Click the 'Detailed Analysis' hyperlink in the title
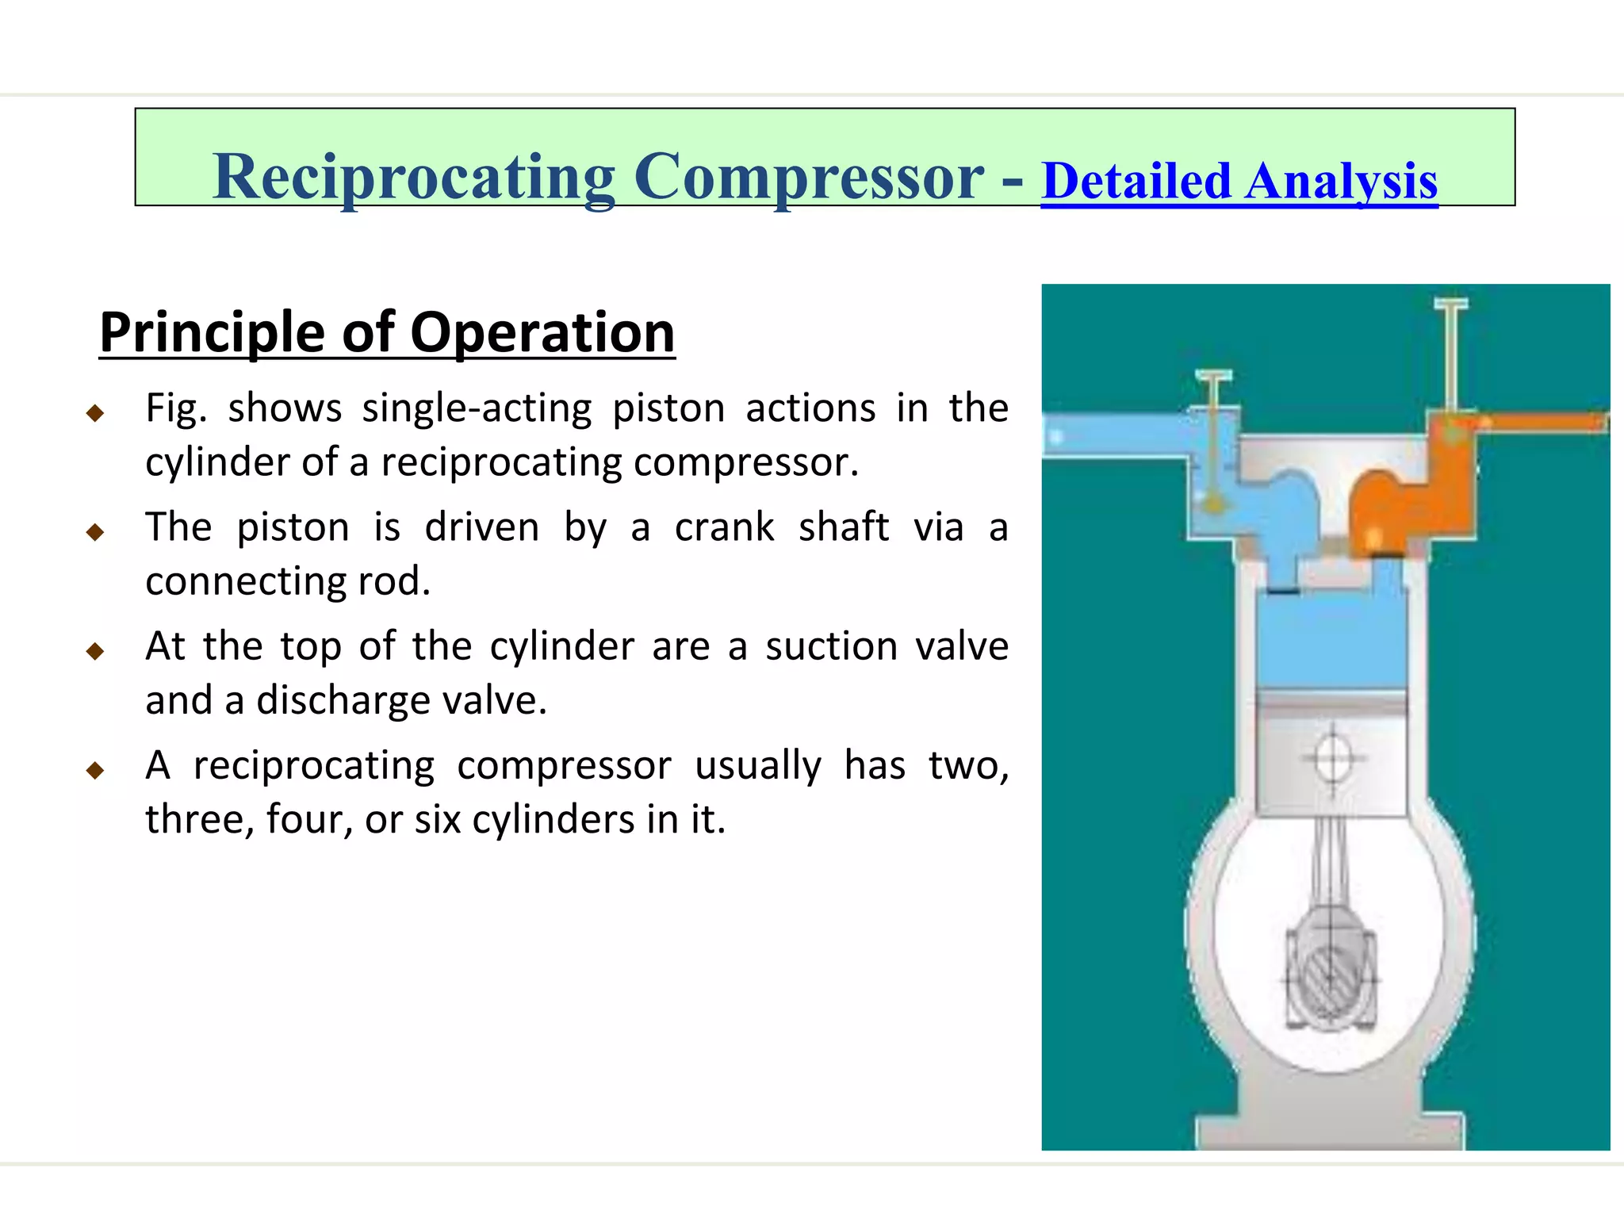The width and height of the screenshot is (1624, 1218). [1239, 182]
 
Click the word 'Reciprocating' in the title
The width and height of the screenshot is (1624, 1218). [413, 178]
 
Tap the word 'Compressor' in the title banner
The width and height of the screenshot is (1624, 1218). [809, 178]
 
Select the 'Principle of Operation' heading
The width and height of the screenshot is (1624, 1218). [387, 333]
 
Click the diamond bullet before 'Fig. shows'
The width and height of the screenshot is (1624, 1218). [95, 412]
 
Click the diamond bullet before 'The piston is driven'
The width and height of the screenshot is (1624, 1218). [95, 531]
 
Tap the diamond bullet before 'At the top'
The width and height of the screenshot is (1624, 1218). [95, 651]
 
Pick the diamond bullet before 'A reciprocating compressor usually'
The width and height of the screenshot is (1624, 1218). [95, 770]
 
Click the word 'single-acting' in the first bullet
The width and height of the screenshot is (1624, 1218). [477, 409]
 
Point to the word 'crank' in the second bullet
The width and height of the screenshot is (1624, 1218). [724, 528]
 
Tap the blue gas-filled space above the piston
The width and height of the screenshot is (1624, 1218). [1332, 642]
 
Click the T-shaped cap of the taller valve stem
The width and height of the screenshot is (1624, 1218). [1451, 304]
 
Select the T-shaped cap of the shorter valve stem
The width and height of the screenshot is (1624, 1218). [1213, 375]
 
